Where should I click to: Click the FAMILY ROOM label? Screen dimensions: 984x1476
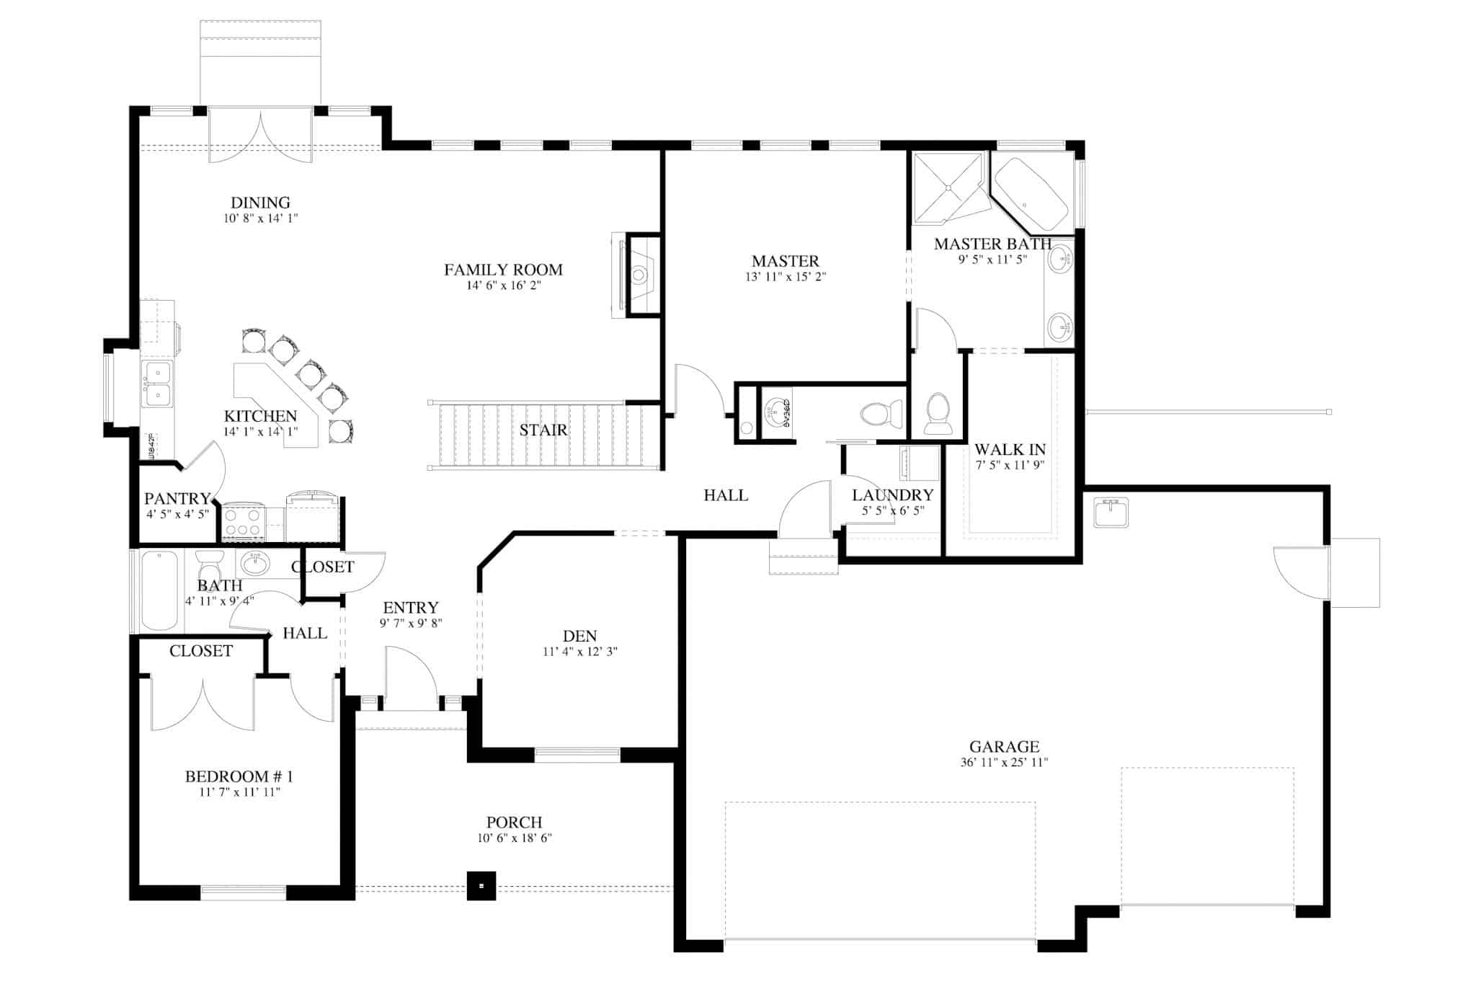[503, 270]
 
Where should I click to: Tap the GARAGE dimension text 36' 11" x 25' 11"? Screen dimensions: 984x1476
[1004, 763]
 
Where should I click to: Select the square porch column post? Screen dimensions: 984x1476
[481, 885]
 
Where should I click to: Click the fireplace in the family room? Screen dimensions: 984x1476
[639, 275]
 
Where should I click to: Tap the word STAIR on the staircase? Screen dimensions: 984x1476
[543, 430]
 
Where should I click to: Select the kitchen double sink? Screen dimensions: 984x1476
[157, 384]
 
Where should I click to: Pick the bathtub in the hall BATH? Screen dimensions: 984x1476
[159, 590]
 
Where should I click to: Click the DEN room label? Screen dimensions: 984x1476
[579, 636]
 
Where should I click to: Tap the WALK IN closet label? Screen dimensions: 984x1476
[1010, 449]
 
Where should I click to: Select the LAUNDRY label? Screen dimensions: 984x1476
[892, 495]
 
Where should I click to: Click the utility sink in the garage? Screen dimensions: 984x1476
[1111, 512]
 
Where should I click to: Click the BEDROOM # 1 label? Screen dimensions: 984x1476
[239, 776]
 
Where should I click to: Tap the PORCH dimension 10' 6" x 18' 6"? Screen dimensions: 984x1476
[515, 838]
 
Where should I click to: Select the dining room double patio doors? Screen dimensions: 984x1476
[261, 136]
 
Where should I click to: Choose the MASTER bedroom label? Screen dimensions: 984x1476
[785, 261]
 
